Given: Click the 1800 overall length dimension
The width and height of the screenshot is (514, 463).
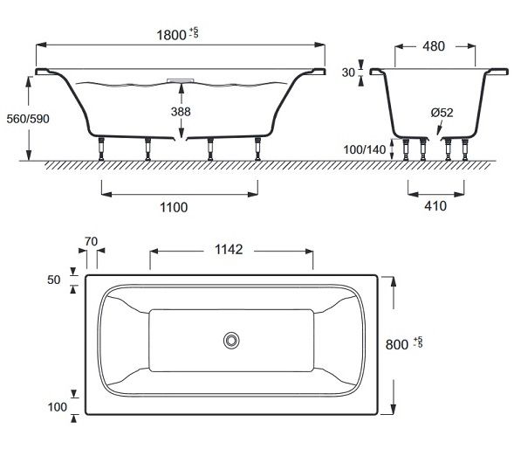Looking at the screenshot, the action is (x=177, y=35).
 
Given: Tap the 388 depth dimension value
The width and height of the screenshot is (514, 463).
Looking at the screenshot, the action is (x=181, y=112).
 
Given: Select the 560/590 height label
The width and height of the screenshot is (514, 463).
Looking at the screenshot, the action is (x=28, y=119).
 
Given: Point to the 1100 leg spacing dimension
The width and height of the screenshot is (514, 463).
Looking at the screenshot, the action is (x=174, y=207).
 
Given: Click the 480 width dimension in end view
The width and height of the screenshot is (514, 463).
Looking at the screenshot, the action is (x=434, y=46).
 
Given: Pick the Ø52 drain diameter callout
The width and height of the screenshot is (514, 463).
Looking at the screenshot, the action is (x=442, y=113).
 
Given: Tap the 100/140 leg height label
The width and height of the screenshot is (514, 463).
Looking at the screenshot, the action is (x=365, y=150).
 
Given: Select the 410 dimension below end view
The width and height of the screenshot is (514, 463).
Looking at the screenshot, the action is (x=435, y=206).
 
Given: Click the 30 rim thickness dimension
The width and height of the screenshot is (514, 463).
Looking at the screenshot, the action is (x=348, y=73).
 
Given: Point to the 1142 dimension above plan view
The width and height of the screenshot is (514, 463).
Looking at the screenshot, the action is (x=229, y=250).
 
